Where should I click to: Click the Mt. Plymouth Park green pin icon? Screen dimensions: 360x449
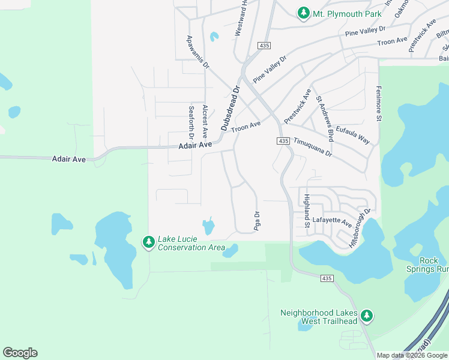point(304,13)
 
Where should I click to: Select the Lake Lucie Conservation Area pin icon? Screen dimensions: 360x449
point(148,242)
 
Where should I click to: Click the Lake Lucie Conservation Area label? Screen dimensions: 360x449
point(191,243)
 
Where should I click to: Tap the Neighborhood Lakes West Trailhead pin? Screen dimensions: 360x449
point(367,315)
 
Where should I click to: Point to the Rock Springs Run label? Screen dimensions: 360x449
point(429,265)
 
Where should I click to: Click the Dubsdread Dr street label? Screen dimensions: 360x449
point(231,108)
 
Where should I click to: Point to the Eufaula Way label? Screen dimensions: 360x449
point(352,134)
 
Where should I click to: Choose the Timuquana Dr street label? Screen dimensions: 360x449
point(313,147)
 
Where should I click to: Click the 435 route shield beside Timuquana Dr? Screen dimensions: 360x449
point(283,141)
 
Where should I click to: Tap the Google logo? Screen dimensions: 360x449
point(20,352)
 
